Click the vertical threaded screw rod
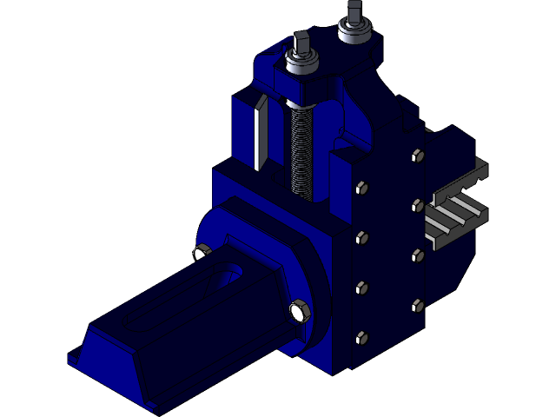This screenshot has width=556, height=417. [298, 148]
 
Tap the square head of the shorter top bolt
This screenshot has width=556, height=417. [301, 43]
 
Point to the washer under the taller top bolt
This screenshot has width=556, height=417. [354, 34]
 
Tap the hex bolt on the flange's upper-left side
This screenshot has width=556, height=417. [200, 253]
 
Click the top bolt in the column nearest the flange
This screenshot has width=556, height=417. [360, 186]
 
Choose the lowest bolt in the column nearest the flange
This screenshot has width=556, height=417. [360, 337]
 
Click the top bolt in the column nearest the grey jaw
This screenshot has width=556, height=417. [416, 156]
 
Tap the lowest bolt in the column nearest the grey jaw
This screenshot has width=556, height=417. [416, 305]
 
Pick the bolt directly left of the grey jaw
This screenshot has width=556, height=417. [416, 206]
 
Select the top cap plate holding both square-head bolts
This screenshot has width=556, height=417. [330, 65]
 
